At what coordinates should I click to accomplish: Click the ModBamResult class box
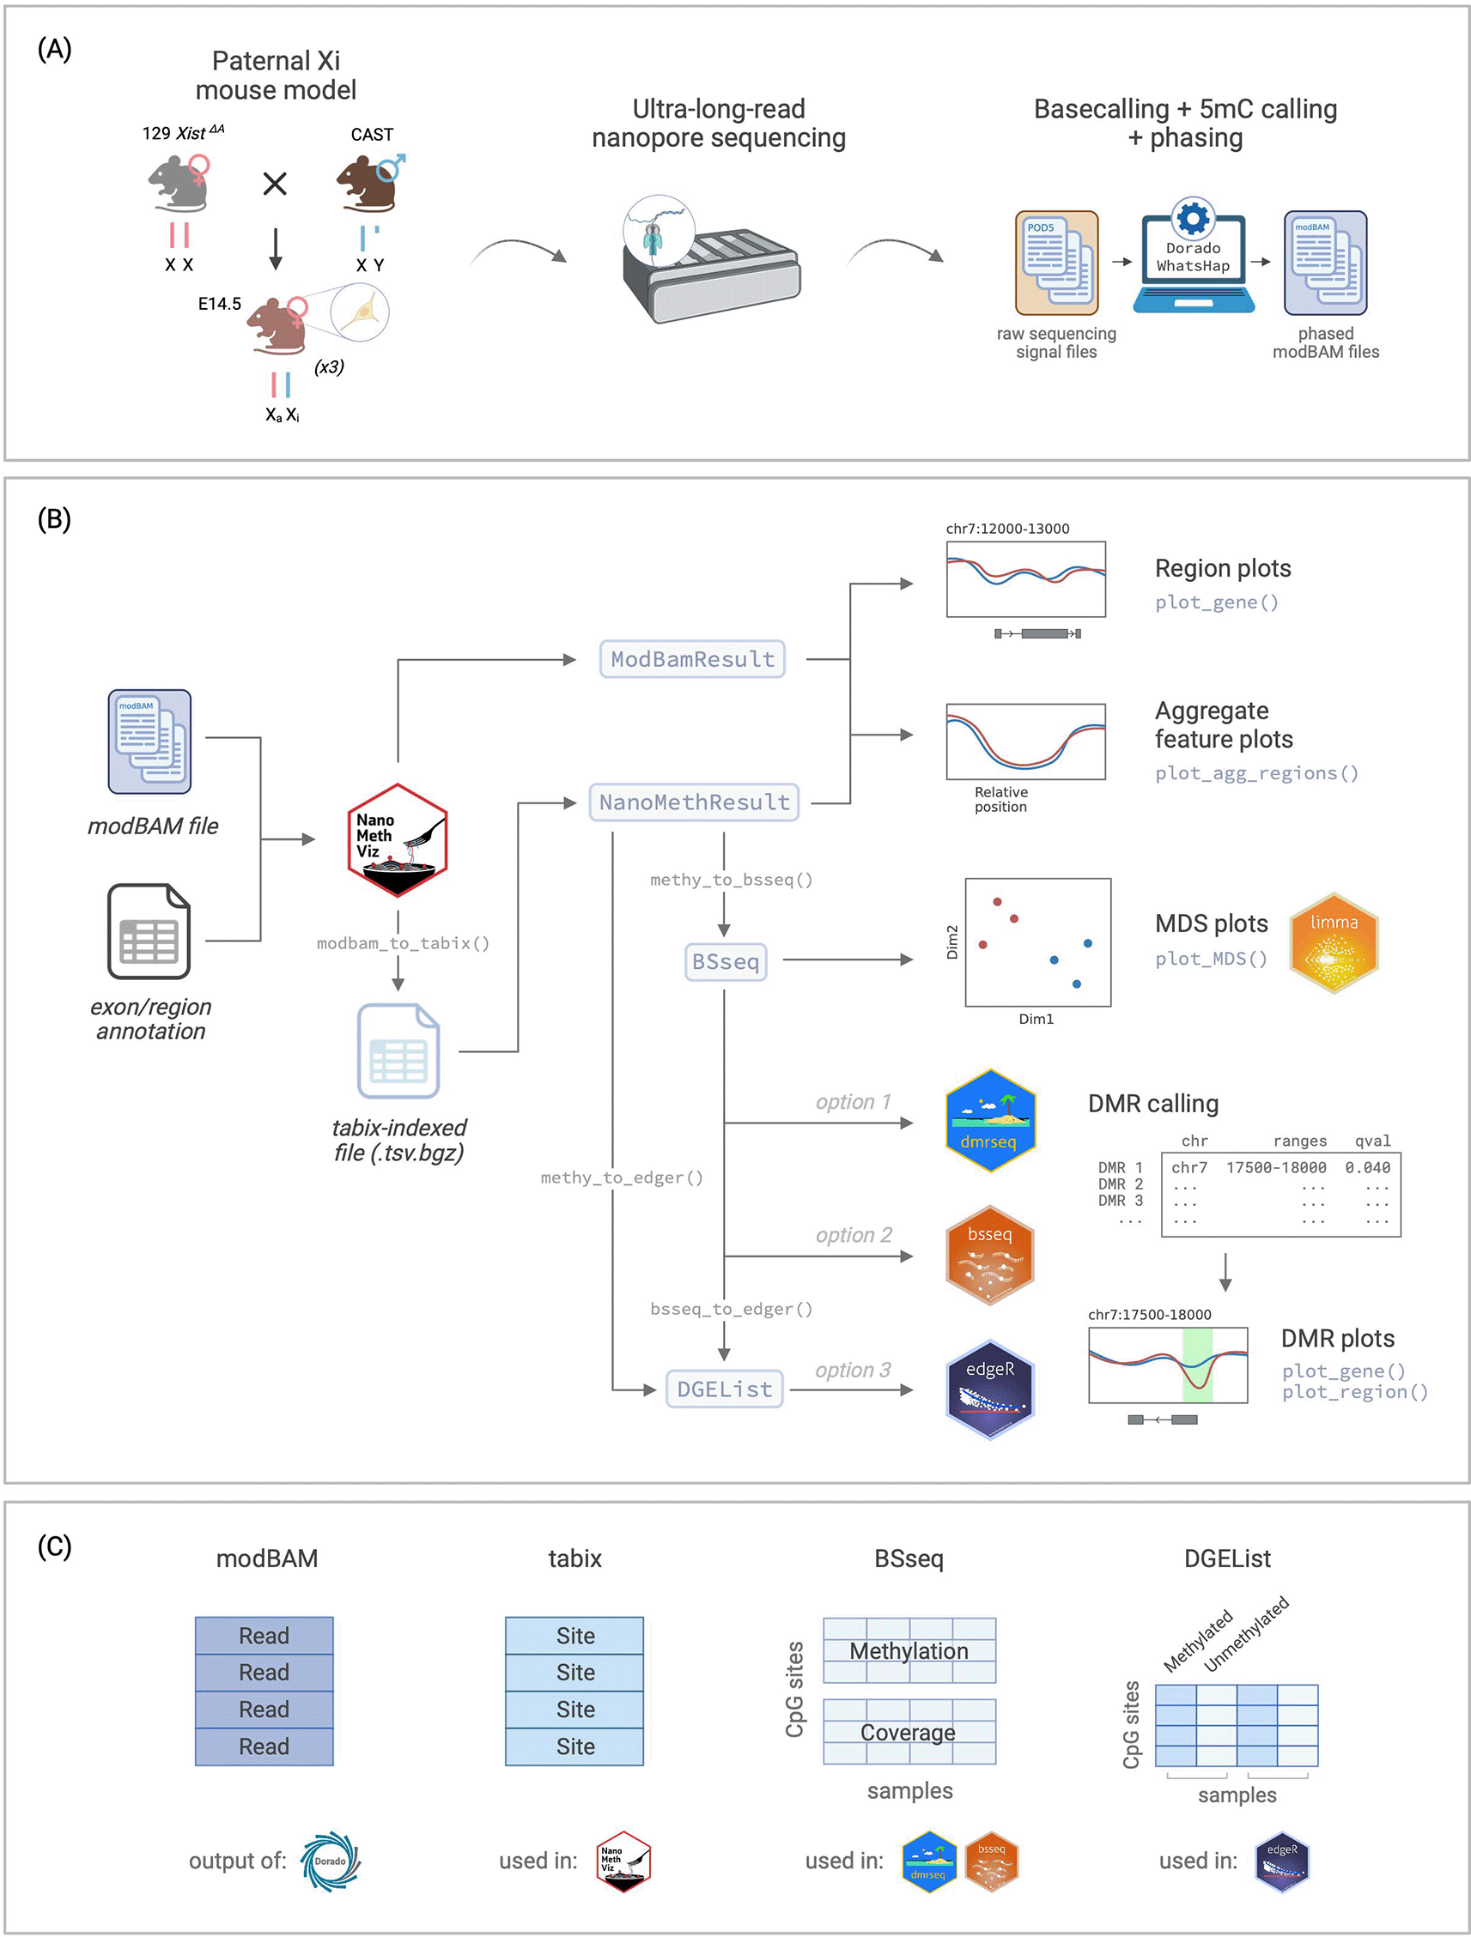coord(692,658)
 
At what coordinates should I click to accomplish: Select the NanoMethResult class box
coord(694,802)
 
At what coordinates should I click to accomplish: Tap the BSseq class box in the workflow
coord(726,961)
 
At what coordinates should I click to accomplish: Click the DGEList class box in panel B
coord(725,1389)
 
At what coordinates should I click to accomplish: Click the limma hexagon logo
coord(1334,942)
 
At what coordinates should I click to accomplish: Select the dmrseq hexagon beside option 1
coord(990,1120)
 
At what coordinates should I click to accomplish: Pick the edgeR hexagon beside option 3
coord(990,1389)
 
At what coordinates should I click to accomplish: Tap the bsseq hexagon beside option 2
coord(990,1255)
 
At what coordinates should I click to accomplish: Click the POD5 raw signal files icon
coord(1056,263)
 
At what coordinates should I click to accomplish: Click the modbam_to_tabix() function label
coord(403,943)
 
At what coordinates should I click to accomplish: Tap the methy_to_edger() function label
coord(622,1177)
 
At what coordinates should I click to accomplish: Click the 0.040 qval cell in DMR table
coord(1368,1167)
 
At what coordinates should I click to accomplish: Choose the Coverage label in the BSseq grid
coord(908,1732)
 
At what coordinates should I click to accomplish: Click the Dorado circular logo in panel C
coord(331,1861)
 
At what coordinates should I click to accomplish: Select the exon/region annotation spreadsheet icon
coord(149,931)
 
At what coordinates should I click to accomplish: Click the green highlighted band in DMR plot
coord(1198,1365)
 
